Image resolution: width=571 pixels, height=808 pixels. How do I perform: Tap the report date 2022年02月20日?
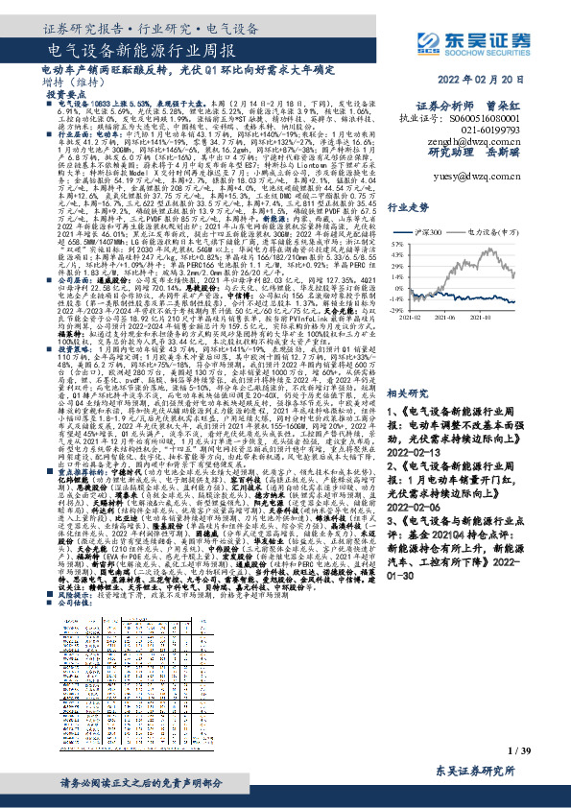pyautogui.click(x=500, y=80)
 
